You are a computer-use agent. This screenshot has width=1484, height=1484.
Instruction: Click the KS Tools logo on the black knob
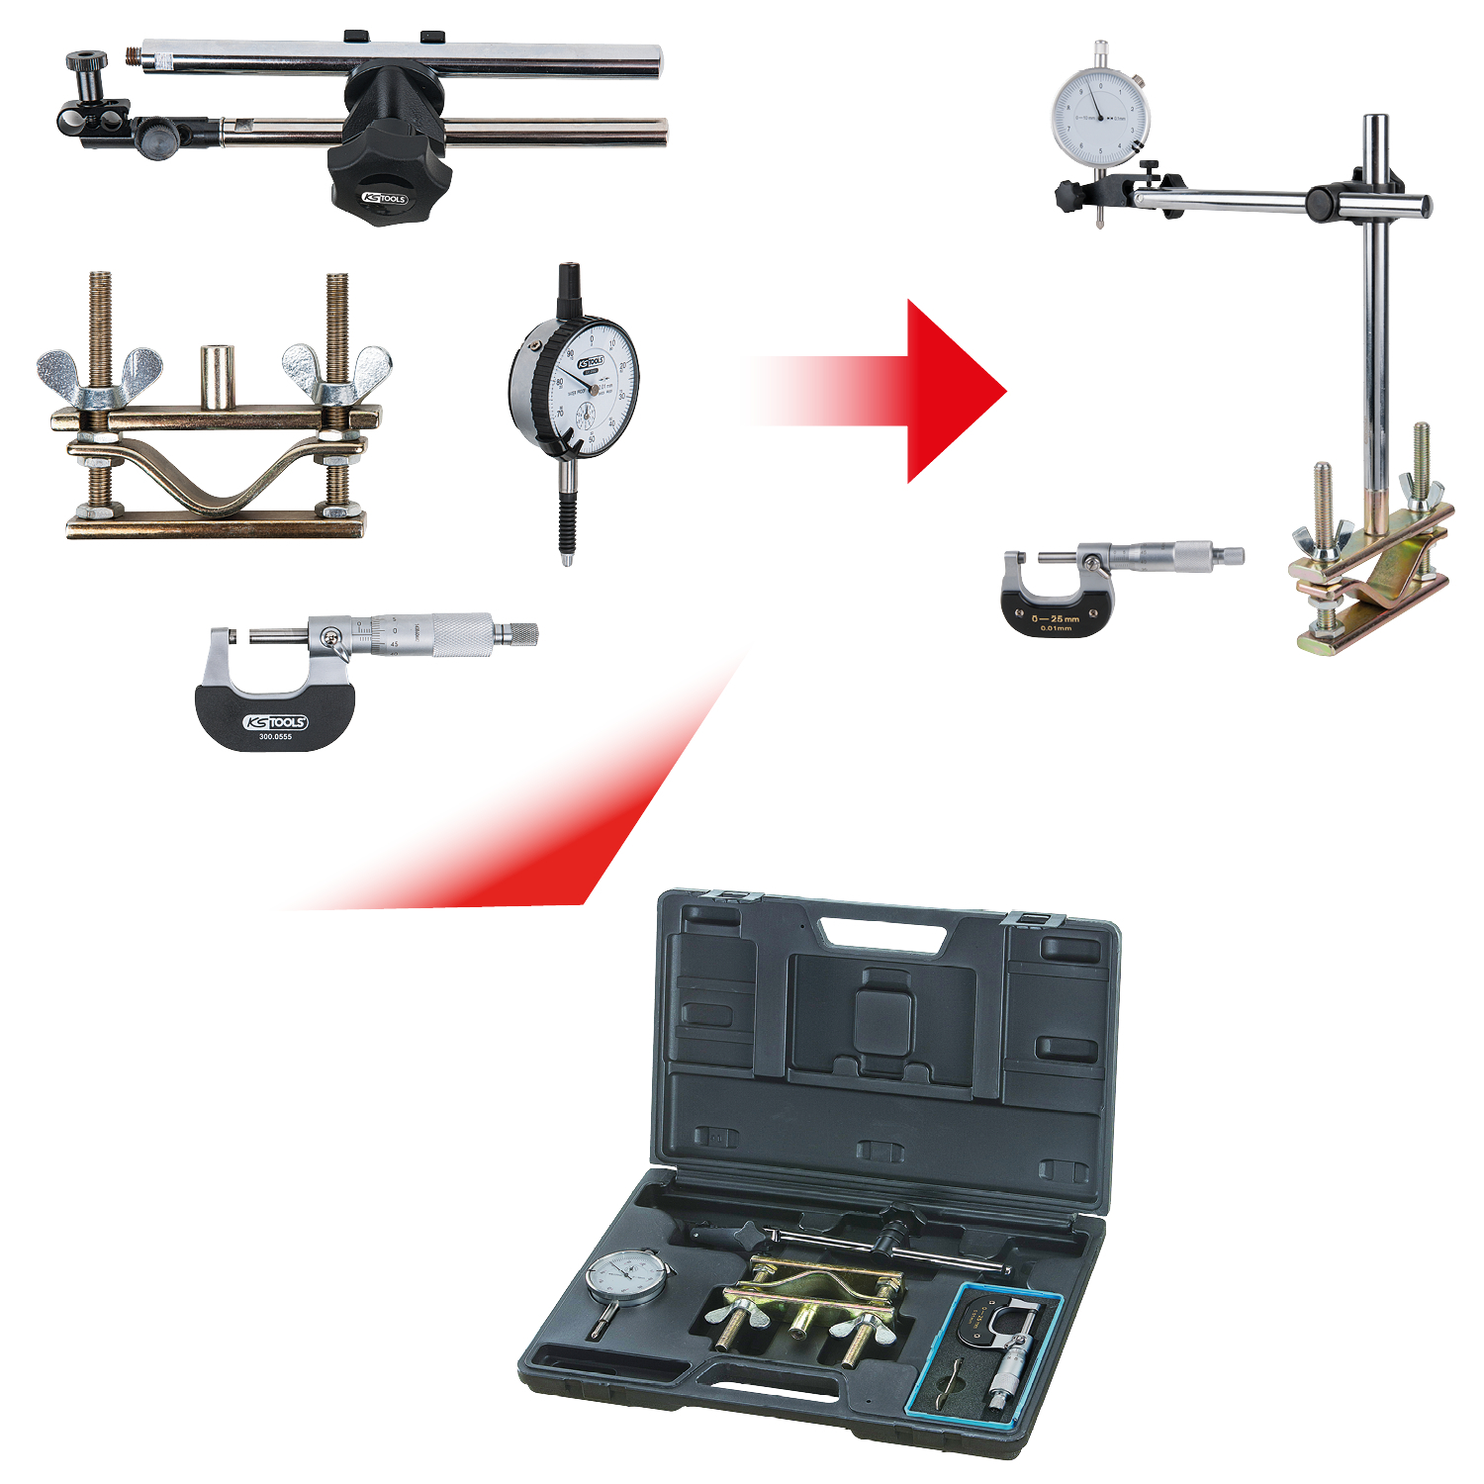coord(385,198)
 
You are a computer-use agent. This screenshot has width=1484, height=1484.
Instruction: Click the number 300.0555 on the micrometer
coord(275,736)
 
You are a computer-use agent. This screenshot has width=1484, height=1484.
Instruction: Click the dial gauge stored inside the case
coord(625,1277)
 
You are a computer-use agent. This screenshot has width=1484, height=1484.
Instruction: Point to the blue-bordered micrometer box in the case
coord(985,1354)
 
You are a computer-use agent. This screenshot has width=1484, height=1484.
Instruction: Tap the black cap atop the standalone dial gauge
coord(570,282)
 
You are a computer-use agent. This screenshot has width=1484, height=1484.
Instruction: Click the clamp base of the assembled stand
coord(1371,584)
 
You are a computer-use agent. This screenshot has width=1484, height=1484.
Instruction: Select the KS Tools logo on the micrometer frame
coord(275,722)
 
